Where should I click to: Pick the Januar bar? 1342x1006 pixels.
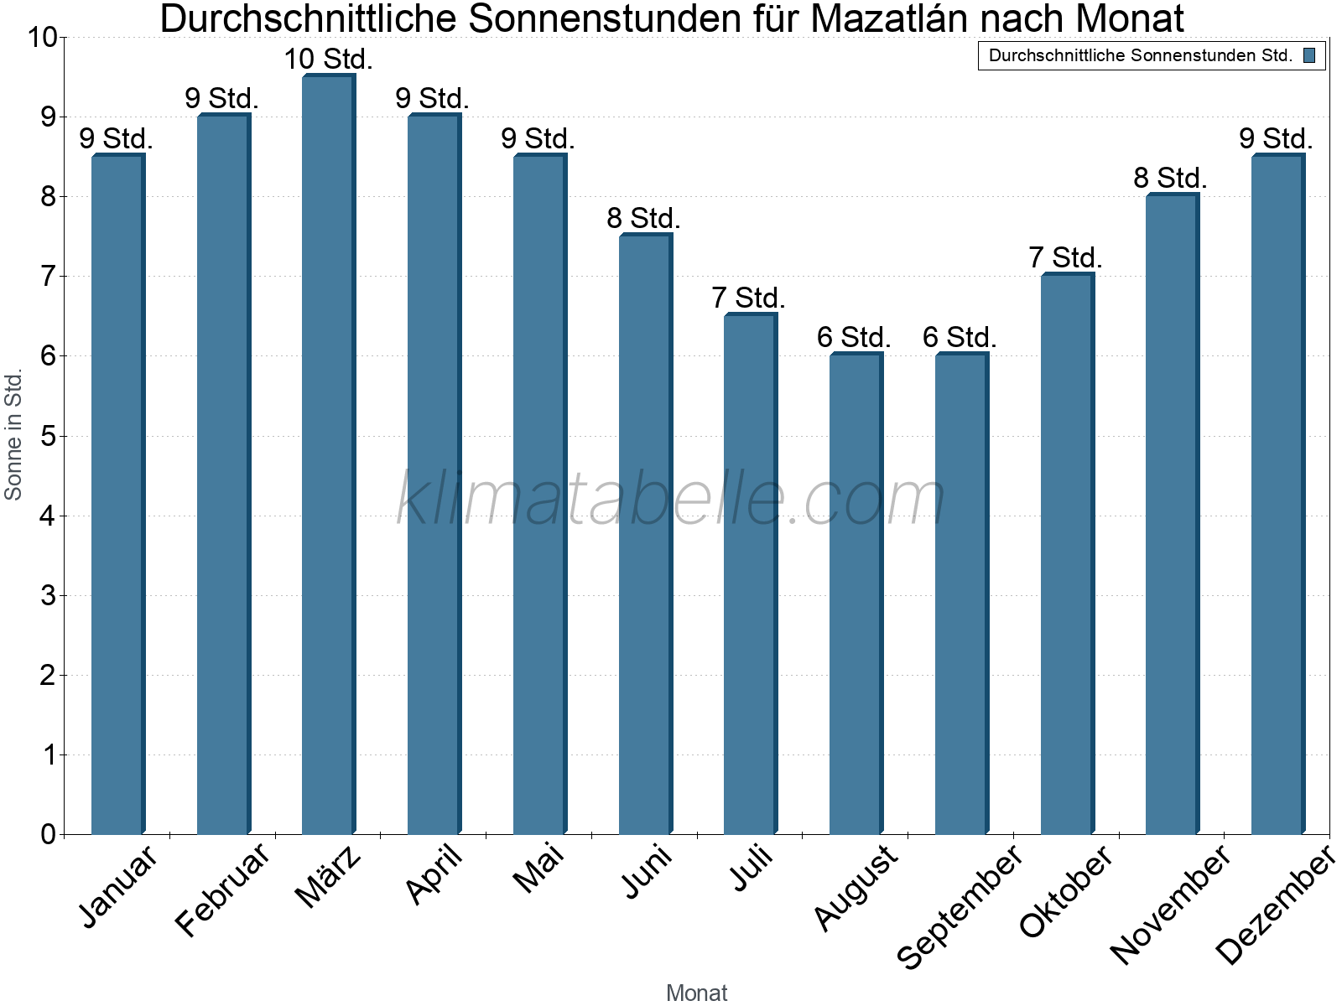117,495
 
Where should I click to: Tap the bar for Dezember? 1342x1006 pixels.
1277,495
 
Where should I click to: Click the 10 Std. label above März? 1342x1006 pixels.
328,60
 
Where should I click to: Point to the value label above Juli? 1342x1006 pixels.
748,298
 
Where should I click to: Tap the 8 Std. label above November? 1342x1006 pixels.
1170,178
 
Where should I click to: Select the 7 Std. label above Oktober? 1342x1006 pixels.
1065,257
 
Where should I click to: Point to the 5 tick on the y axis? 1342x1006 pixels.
47,436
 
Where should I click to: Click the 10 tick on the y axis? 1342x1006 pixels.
41,38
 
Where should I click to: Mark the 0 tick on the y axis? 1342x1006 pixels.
47,834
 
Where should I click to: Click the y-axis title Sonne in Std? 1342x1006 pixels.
13,435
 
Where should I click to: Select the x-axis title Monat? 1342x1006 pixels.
696,993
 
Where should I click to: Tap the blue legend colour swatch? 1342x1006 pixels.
1309,56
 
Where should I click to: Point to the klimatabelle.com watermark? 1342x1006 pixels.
671,499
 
